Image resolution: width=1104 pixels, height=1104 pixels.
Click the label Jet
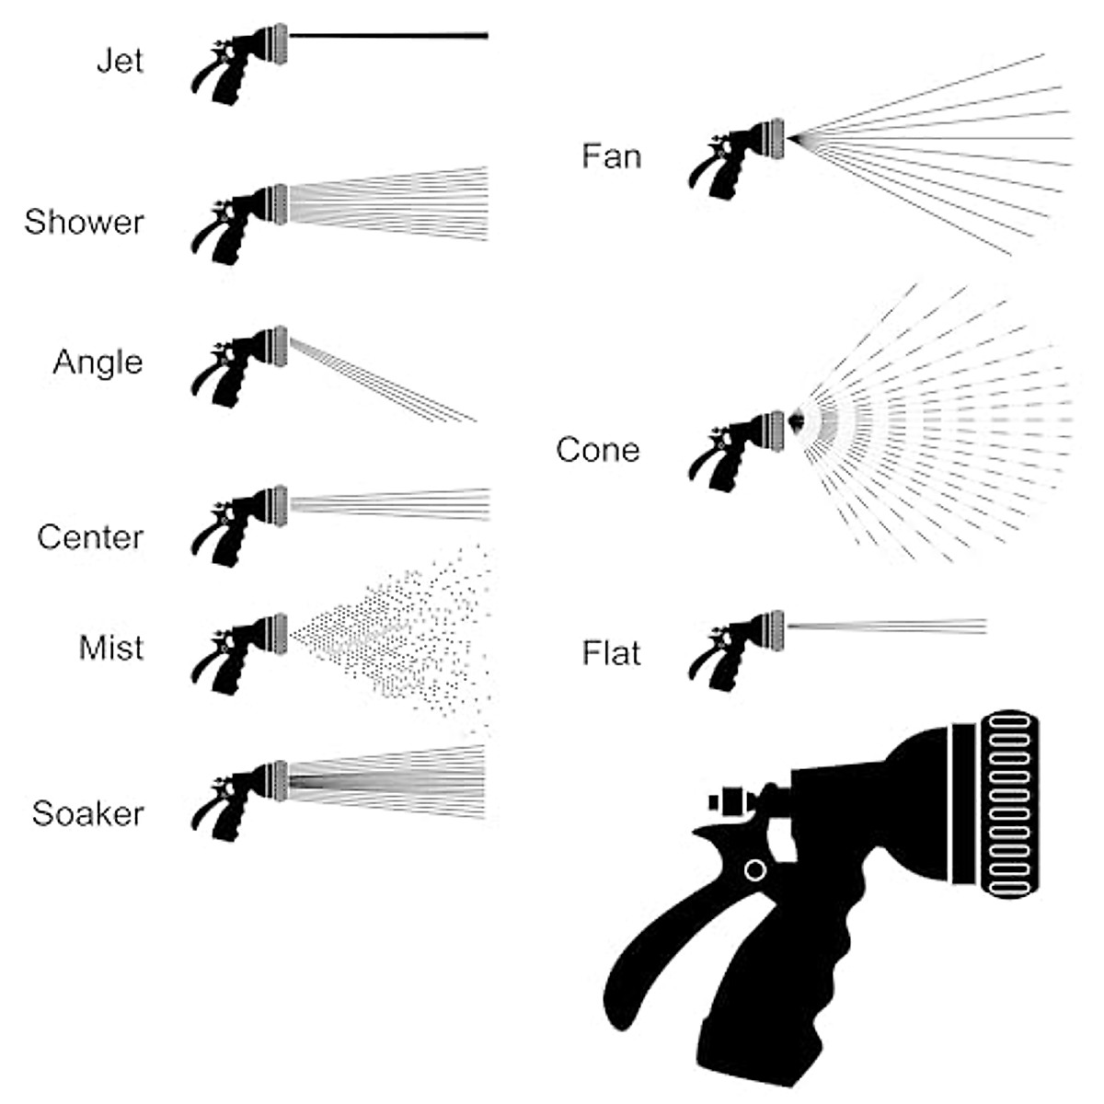click(x=121, y=62)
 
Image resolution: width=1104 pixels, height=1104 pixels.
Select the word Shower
click(x=84, y=223)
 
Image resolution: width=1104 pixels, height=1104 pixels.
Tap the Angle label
click(x=98, y=362)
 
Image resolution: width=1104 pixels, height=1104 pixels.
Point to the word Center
click(x=90, y=537)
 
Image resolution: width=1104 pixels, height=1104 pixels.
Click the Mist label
click(x=111, y=648)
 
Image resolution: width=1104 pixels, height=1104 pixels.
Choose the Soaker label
click(x=87, y=813)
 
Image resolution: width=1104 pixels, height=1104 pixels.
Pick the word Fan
click(x=611, y=156)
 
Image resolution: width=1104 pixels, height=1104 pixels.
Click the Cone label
click(x=598, y=450)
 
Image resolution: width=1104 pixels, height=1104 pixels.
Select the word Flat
click(x=611, y=653)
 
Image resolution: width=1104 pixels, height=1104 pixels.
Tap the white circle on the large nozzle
click(x=754, y=869)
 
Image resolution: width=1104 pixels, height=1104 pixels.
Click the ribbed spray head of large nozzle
click(x=1012, y=804)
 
